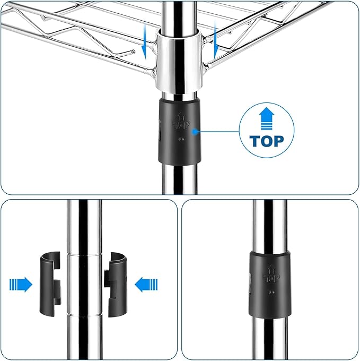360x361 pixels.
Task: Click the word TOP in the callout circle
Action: tap(267, 141)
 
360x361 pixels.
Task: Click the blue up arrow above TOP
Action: tap(267, 118)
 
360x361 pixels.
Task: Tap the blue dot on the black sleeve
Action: tap(195, 132)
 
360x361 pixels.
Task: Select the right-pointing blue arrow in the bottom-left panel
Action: tap(21, 285)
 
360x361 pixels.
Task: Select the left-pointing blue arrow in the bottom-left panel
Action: tap(146, 285)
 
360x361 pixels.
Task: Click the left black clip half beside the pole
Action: tap(50, 283)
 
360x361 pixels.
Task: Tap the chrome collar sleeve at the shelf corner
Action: tap(180, 61)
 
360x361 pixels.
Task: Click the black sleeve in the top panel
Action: tap(179, 131)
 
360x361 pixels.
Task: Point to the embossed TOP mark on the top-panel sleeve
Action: tap(181, 122)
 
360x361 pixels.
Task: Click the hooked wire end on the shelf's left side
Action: tap(132, 51)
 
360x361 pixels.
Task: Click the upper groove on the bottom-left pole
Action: tap(84, 255)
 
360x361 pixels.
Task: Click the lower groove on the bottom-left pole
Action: tap(84, 314)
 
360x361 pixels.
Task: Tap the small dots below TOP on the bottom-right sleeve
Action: tap(271, 293)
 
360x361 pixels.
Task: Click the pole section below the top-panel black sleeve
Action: tap(180, 179)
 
